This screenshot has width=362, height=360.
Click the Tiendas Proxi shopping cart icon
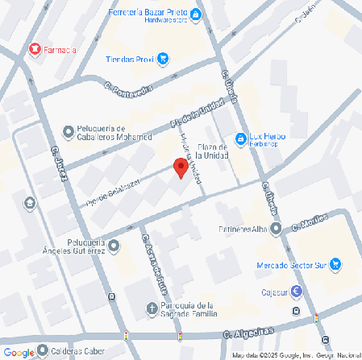point(163,58)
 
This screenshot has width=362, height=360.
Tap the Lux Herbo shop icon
point(239,139)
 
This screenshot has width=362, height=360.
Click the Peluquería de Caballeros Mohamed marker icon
point(69,130)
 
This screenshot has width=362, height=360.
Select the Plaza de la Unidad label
point(210,151)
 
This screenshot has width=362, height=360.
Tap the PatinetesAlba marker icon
point(277,230)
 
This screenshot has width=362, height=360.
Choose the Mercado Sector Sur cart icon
point(335,265)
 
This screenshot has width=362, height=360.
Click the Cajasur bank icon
point(298,292)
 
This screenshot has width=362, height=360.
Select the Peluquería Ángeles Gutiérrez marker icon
point(113,246)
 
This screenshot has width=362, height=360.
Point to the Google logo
point(19,352)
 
